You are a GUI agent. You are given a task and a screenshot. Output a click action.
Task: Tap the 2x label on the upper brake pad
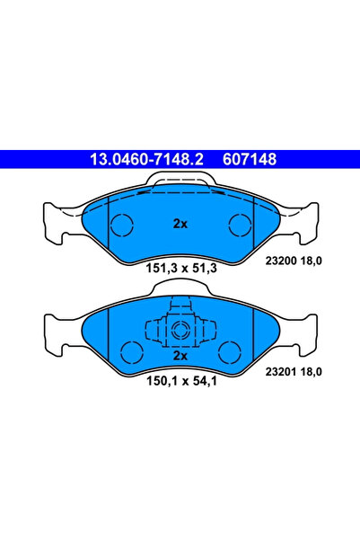point(180,225)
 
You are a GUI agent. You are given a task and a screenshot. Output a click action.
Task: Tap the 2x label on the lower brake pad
point(180,356)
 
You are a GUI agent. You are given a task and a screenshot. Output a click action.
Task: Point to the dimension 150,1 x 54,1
point(180,380)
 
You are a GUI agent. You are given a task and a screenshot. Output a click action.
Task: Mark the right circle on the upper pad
point(239,224)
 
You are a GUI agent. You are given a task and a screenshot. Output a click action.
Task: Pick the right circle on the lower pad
point(229,350)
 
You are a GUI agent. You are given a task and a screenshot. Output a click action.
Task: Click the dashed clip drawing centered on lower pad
point(180,329)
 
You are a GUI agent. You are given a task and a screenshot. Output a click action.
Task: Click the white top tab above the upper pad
point(180,183)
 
